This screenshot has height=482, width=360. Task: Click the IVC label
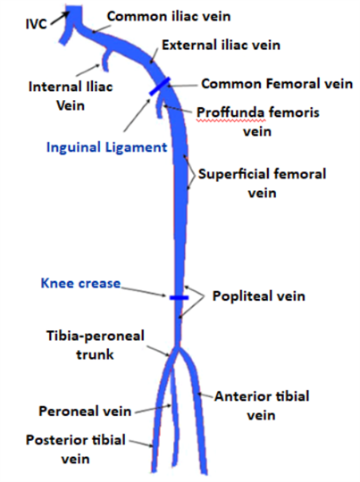coord(36,24)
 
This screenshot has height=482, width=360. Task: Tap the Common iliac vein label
coord(169,16)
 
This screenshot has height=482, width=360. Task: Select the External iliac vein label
coord(221,45)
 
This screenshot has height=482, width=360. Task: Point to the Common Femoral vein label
coord(277,84)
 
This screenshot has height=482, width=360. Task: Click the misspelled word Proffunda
coord(230,112)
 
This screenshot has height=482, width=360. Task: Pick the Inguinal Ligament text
coord(107,147)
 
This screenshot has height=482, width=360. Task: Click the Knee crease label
coord(80,283)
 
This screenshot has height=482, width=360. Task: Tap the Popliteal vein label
coord(259,296)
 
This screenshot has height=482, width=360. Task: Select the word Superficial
coord(234,174)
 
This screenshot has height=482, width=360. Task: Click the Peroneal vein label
coord(85,411)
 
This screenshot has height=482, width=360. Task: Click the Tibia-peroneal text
coord(96,336)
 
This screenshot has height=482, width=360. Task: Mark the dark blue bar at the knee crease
coord(179,297)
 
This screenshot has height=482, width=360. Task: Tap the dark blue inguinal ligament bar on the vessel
coord(159,87)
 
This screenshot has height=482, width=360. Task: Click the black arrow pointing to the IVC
coord(60,18)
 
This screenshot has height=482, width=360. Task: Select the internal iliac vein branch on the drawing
coord(105,60)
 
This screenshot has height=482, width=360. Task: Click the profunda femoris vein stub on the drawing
coord(159,108)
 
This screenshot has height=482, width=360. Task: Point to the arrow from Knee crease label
coord(144,292)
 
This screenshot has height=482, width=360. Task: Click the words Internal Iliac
coord(71,87)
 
